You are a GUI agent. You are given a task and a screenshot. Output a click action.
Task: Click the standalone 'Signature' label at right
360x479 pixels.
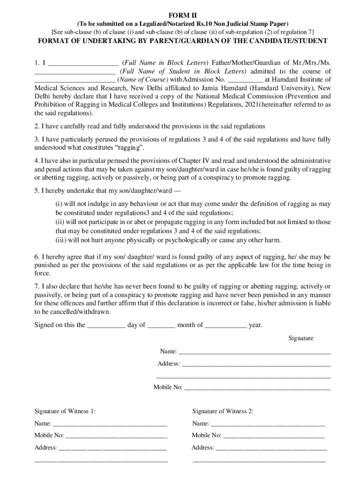click(x=301, y=338)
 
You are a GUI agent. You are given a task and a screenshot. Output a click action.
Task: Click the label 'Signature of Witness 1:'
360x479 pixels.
click(x=65, y=411)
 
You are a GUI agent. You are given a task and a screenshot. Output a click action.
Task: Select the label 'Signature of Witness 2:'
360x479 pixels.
click(x=223, y=411)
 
